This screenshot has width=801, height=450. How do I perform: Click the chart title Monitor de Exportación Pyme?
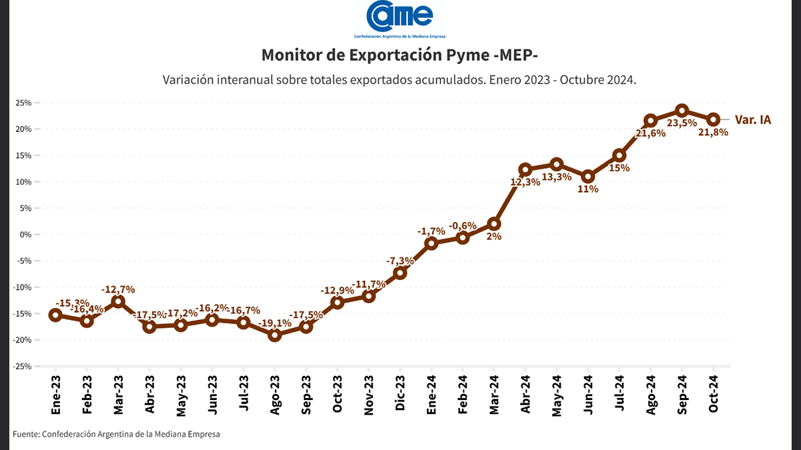coord(400,54)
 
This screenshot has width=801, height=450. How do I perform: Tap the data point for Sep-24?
coord(682,111)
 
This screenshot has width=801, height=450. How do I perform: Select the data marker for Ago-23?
coord(274,335)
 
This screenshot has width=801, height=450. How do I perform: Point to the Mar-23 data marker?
coord(118,301)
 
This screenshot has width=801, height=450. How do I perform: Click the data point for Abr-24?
coord(525,169)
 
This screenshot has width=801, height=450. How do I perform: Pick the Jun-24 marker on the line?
coord(588,177)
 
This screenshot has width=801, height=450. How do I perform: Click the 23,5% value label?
coord(682,123)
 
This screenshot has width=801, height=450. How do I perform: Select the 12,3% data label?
coord(525,182)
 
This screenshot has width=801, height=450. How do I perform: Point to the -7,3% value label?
coord(400,260)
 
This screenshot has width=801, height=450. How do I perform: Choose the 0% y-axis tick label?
coord(26,235)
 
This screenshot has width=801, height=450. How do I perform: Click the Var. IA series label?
coord(752,120)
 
